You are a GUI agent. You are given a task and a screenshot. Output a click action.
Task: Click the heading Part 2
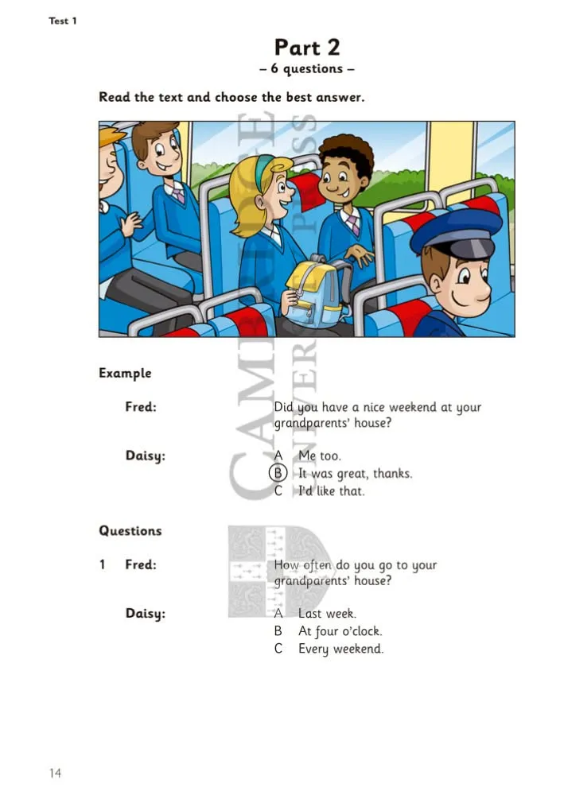307,47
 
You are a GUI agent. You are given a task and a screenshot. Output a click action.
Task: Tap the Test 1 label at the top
62,21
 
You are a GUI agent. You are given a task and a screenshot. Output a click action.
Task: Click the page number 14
55,773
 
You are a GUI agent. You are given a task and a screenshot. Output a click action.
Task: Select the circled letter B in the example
278,472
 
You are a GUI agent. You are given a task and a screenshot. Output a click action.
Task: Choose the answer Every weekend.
340,649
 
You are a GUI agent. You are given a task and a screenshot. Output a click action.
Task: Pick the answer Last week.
327,614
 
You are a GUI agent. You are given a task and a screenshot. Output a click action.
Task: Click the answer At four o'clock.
340,631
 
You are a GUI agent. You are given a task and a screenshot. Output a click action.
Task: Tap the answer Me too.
320,456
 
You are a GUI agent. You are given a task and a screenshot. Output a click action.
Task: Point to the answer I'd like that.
331,491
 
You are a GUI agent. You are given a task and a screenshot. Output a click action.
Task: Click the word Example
125,373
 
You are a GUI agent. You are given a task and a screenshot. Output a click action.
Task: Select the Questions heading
130,531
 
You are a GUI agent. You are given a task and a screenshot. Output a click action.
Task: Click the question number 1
103,564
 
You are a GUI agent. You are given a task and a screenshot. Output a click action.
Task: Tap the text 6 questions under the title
306,68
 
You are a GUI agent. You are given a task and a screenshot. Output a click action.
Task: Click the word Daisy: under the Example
145,456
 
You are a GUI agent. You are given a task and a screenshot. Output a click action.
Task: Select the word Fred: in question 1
141,564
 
